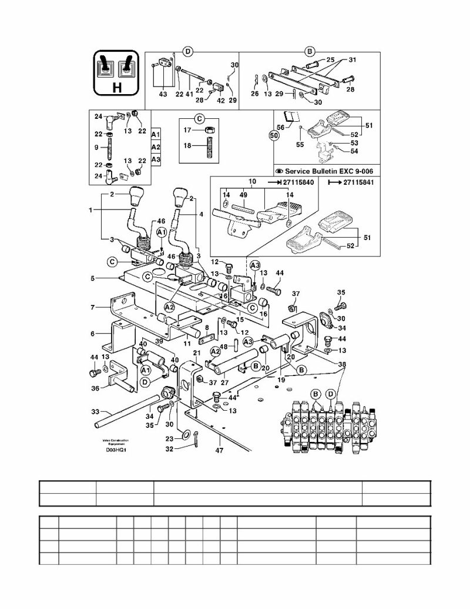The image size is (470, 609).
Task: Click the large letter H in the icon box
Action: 116,88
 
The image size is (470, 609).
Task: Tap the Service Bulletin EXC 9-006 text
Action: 328,171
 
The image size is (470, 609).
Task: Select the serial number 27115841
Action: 359,184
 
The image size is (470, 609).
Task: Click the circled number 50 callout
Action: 274,135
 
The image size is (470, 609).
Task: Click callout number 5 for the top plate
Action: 92,278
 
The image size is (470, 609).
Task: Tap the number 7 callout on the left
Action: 92,308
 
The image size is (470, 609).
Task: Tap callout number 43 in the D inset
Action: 163,94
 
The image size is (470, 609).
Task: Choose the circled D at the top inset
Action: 188,52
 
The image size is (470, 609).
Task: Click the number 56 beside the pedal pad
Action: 280,127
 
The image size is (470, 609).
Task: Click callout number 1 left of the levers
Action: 91,210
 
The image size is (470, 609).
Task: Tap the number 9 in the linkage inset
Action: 97,147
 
